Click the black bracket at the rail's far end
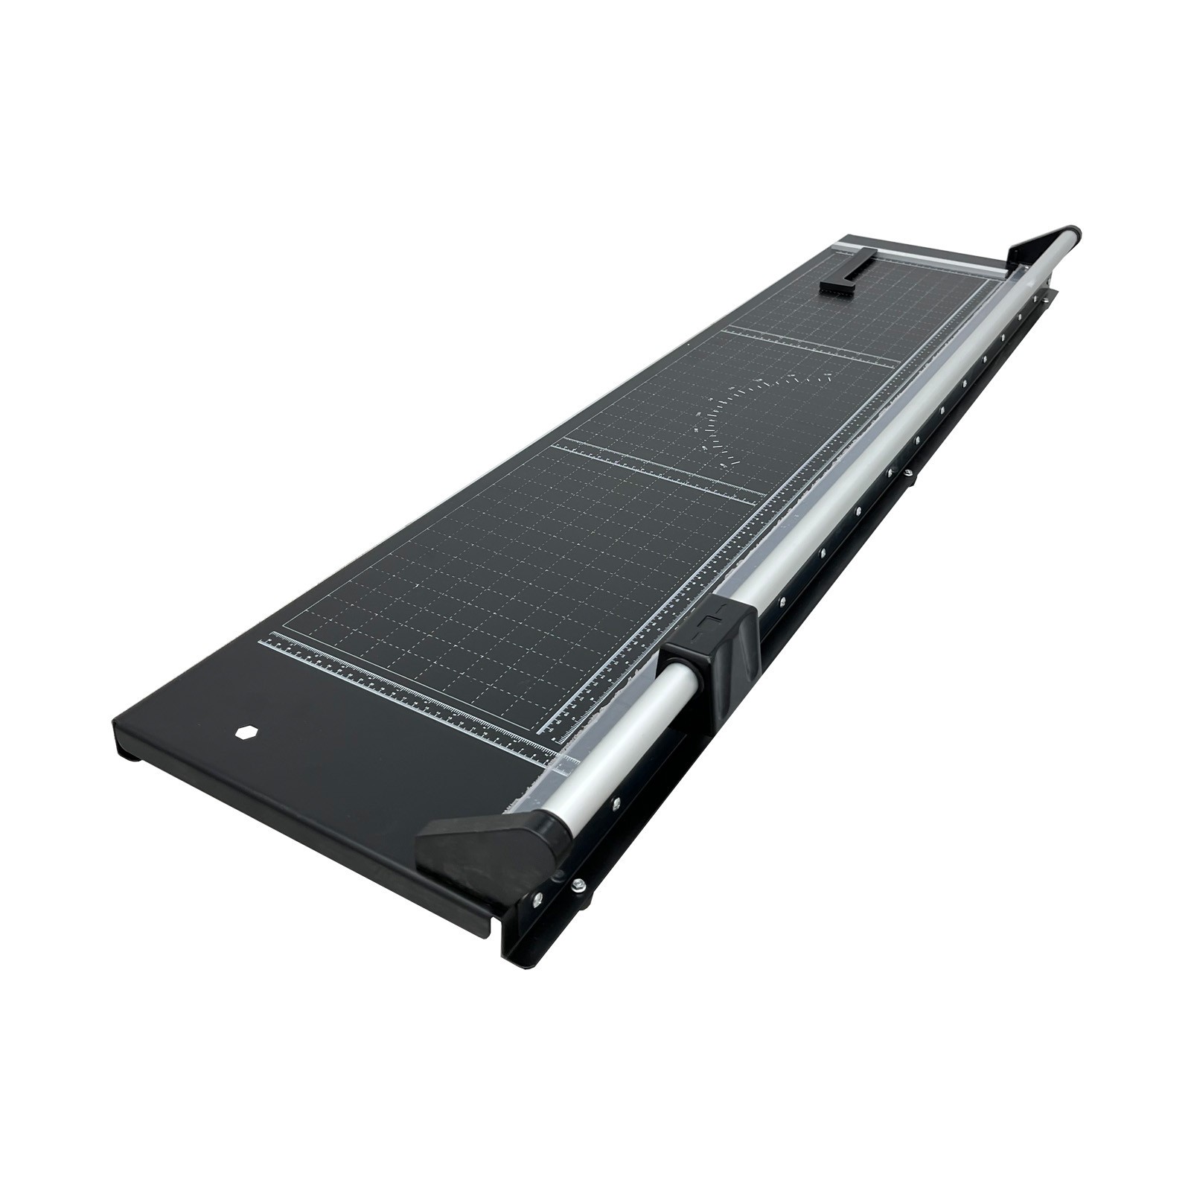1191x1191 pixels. pyautogui.click(x=1042, y=246)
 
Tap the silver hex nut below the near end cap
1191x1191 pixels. pyautogui.click(x=578, y=884)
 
